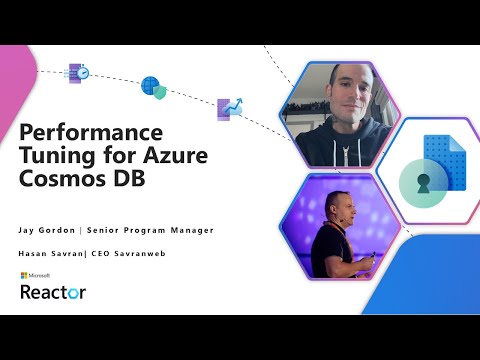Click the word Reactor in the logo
point(53,291)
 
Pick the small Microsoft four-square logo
point(25,274)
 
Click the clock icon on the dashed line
point(76,72)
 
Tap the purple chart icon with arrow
point(229,108)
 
